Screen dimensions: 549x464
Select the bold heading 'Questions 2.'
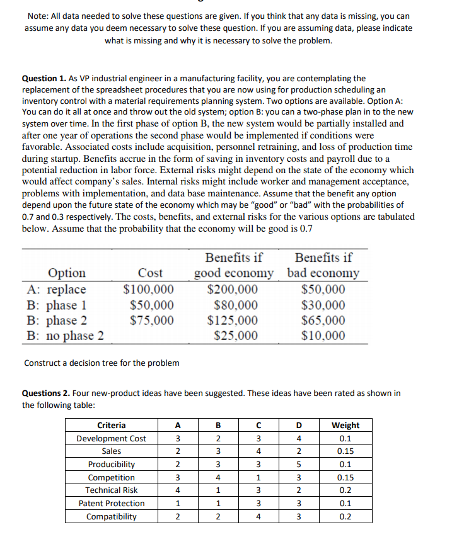(x=48, y=393)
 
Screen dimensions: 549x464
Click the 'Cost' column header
(x=150, y=273)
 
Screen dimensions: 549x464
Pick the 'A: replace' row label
(x=57, y=290)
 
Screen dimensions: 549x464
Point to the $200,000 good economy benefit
(x=233, y=290)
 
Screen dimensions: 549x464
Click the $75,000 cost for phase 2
(x=152, y=320)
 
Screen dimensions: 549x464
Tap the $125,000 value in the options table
(x=233, y=320)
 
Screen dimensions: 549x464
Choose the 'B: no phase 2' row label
(x=66, y=335)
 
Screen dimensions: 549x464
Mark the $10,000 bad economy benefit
(x=323, y=335)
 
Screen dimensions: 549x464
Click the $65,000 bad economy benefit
(x=323, y=320)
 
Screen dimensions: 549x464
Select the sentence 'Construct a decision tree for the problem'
(x=101, y=363)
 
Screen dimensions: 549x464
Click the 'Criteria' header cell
(x=111, y=425)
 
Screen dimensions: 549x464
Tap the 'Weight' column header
(x=345, y=425)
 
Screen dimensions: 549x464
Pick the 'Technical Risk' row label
(x=111, y=490)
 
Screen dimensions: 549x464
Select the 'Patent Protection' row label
(x=111, y=504)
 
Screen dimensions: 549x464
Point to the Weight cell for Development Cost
(x=345, y=438)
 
